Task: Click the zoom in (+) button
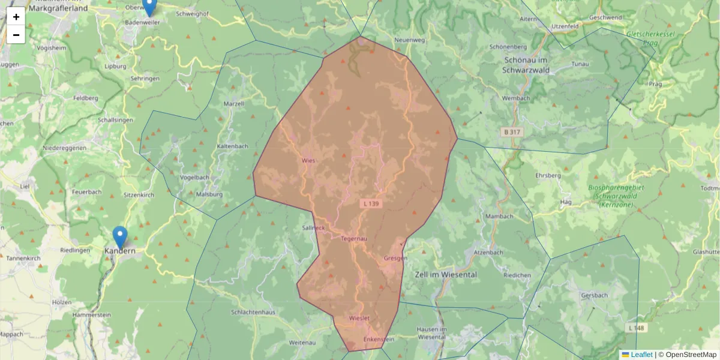(x=16, y=16)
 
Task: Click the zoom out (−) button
(x=16, y=35)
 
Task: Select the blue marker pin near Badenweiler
(x=149, y=6)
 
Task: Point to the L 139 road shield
(x=371, y=204)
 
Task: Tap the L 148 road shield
(x=637, y=328)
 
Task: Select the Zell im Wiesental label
(x=445, y=274)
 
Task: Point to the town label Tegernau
(x=353, y=239)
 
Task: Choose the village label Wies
(x=308, y=161)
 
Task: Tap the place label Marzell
(x=233, y=104)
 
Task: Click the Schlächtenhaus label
(x=253, y=313)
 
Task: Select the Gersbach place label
(x=595, y=296)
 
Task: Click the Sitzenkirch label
(x=139, y=196)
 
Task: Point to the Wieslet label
(x=359, y=318)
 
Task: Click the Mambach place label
(x=499, y=217)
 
